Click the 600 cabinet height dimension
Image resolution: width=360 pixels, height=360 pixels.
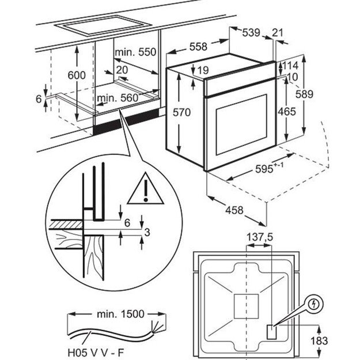[75, 75]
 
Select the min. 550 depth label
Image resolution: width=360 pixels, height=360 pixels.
[135, 52]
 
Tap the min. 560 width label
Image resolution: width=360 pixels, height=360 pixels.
[118, 98]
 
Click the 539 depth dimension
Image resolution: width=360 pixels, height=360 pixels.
[251, 33]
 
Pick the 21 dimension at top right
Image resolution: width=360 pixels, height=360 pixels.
[278, 33]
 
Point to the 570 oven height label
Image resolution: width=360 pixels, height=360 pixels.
[181, 113]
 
